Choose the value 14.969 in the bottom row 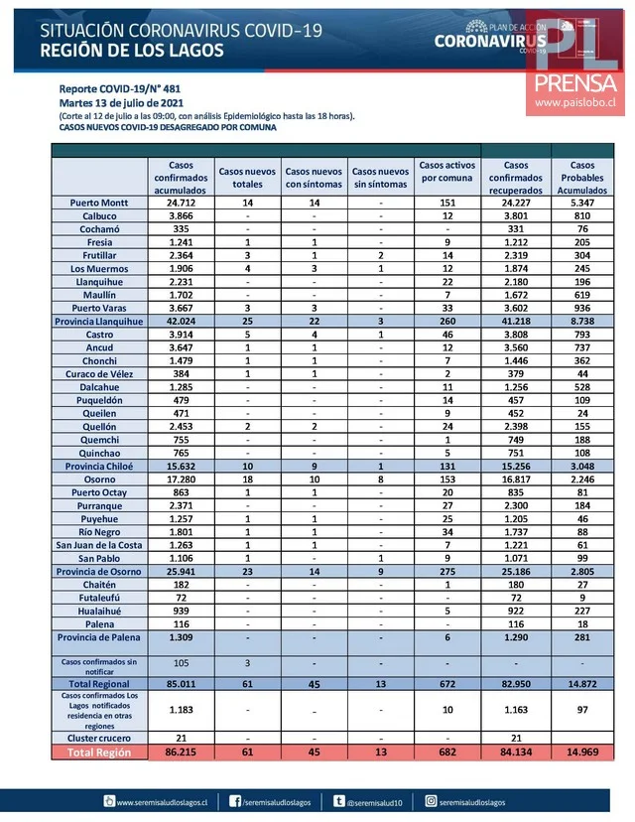click(582, 754)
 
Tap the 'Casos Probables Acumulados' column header click(582, 177)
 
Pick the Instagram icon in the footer click(432, 800)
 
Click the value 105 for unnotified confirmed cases click(181, 663)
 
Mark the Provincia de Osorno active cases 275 click(447, 573)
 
